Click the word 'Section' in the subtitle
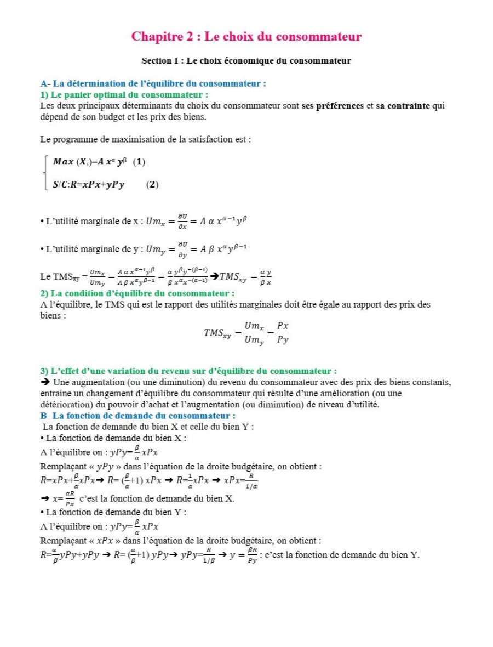pos(156,60)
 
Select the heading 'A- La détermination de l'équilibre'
pos(153,84)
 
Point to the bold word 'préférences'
pos(333,106)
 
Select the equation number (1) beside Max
pos(139,162)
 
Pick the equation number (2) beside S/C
pos(152,185)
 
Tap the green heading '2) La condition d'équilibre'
pos(137,293)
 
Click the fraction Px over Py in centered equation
pos(283,332)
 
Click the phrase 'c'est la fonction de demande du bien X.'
pos(157,498)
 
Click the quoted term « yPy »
pos(110,466)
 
